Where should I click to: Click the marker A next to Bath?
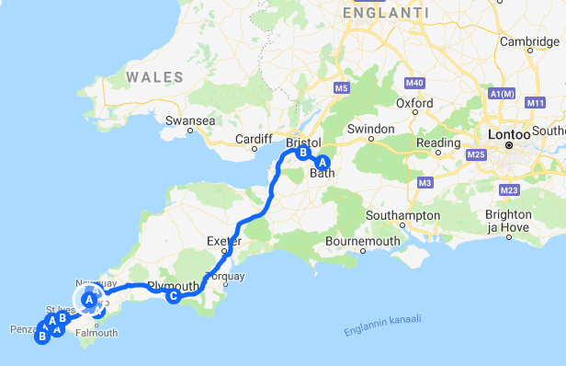pos(322,162)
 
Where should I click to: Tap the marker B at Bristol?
pos(301,154)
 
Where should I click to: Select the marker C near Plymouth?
pos(173,295)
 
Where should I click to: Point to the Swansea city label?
pos(190,120)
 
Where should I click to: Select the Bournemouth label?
pos(363,242)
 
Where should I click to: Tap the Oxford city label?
pos(415,103)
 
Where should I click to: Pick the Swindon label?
pos(370,129)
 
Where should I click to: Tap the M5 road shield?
pos(342,88)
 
